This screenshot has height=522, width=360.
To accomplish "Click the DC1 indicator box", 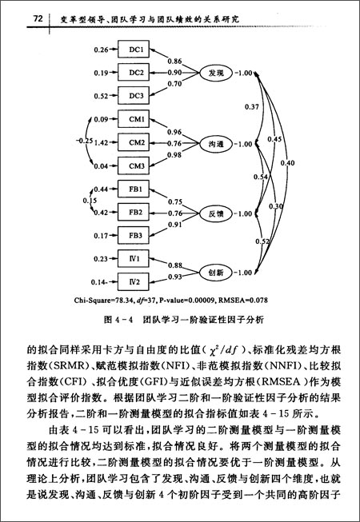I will [x=136, y=50].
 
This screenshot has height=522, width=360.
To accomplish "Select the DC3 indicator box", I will [x=136, y=96].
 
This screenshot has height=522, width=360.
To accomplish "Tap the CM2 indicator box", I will [x=136, y=143].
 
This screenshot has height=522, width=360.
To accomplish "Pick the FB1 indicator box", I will [x=136, y=189].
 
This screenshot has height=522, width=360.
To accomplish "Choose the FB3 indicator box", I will [x=136, y=236].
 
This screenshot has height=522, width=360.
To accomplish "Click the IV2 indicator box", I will [x=136, y=282].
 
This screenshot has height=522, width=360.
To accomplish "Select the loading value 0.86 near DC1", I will [x=175, y=60].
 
